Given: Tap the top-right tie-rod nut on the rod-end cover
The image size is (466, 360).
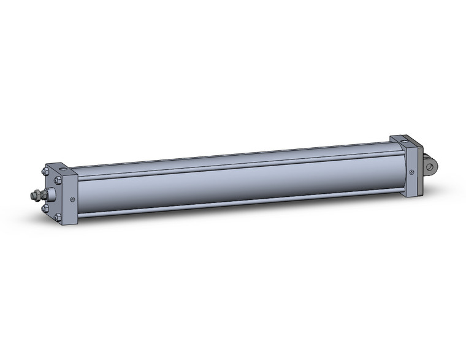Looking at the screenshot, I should click(x=58, y=180).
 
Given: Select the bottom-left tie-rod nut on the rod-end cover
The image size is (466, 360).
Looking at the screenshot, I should click(x=46, y=208).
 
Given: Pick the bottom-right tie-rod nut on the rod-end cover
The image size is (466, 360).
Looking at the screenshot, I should click(x=58, y=217).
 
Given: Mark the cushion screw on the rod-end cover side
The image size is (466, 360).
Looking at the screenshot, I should click(x=73, y=198).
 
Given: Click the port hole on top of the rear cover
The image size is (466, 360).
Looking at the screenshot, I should click(x=403, y=140).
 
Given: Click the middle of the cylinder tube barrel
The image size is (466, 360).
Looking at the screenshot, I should click(x=233, y=181).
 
